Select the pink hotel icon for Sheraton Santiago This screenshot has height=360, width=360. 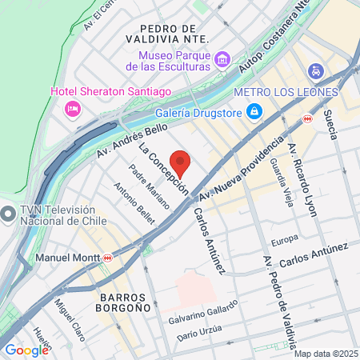click(72, 108)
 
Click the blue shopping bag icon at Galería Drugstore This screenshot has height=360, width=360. click(254, 110)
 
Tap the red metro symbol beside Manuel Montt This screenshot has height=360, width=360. click(107, 258)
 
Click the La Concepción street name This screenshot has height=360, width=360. click(163, 169)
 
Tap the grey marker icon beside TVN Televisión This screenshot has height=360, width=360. click(8, 214)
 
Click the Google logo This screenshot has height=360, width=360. click(26, 350)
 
